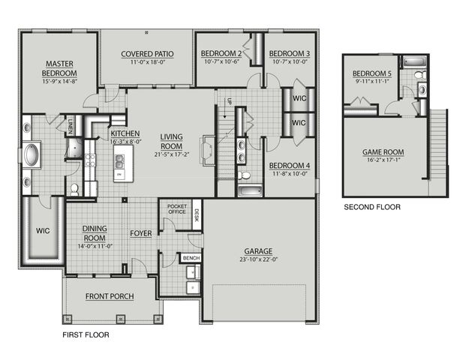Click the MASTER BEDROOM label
[x=59, y=68]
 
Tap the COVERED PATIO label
[x=147, y=54]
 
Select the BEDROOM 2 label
[x=221, y=53]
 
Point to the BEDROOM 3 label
[x=289, y=53]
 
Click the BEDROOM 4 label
[x=289, y=165]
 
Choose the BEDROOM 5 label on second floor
[x=372, y=72]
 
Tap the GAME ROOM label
[x=383, y=151]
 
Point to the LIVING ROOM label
[x=171, y=141]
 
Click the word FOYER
[x=140, y=233]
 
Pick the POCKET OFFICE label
[x=177, y=208]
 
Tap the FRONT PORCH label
[x=110, y=296]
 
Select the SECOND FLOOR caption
[x=371, y=206]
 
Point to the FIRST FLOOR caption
[x=85, y=336]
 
